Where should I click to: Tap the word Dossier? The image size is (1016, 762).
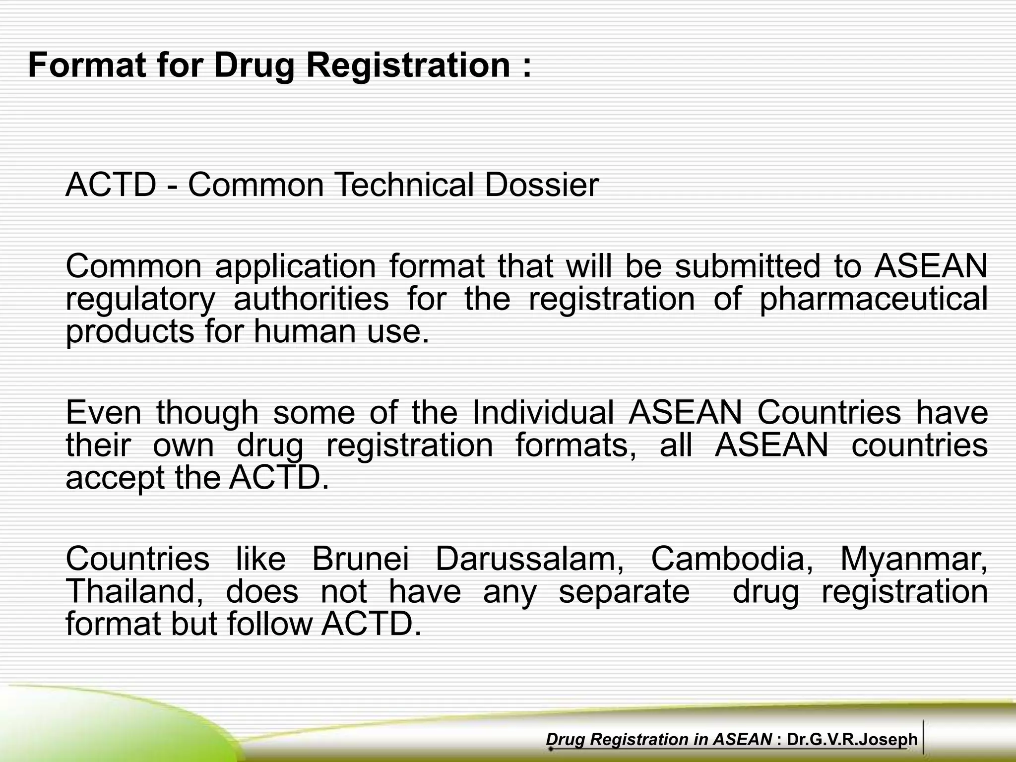point(542,185)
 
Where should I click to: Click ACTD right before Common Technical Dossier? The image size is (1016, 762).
point(111,185)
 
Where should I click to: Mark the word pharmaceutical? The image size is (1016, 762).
point(873,300)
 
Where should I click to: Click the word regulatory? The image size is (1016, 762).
point(140,300)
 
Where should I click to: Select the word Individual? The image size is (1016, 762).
point(543,412)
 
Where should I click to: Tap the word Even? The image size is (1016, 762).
point(104,412)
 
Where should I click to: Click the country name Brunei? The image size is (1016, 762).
point(361,559)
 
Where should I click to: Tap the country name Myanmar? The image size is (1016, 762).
point(913,559)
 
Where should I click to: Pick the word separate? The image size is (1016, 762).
point(624,592)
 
